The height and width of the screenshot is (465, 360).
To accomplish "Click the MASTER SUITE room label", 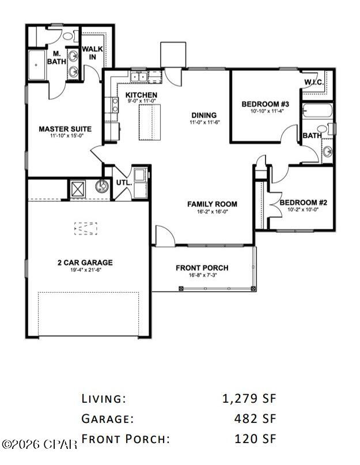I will [x=65, y=128].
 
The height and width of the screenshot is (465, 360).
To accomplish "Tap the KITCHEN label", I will [x=141, y=95].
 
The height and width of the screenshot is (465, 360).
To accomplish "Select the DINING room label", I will [x=204, y=115].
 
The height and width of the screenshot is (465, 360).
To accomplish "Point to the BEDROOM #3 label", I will [x=264, y=104].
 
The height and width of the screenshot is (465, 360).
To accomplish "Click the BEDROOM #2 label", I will [x=303, y=202].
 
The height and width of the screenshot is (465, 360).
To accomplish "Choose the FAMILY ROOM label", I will [x=212, y=204].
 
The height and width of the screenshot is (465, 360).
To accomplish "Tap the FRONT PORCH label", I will [x=202, y=268].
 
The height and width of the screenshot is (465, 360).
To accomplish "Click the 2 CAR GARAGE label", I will [x=85, y=263].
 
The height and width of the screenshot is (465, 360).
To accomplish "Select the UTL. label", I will [x=123, y=183].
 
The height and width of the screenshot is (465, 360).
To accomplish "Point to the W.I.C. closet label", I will [x=313, y=82].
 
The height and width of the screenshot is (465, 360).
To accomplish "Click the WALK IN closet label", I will [x=92, y=53].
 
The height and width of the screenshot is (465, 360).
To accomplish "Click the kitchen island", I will [x=148, y=122].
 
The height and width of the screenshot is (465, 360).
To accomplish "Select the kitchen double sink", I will [x=139, y=76].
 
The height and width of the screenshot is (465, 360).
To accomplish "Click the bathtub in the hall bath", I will [x=315, y=111].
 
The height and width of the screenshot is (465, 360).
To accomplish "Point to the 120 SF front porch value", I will [x=256, y=439].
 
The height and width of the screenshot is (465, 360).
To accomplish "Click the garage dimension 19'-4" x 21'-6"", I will [x=85, y=270].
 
